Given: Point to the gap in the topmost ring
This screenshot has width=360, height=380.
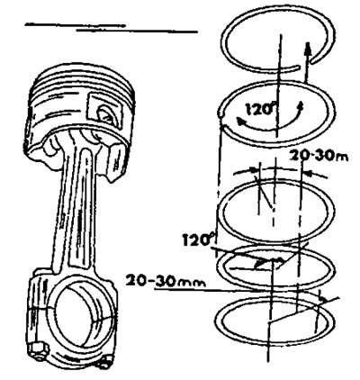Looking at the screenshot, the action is (x=306, y=66).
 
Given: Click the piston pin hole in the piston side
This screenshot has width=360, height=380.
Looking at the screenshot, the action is (x=105, y=113).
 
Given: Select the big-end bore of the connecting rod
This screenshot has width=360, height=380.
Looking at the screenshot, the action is (x=81, y=316).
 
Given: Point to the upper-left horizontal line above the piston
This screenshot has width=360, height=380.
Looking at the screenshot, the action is (x=75, y=25).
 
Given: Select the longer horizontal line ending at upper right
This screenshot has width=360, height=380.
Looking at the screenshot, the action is (x=137, y=31).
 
